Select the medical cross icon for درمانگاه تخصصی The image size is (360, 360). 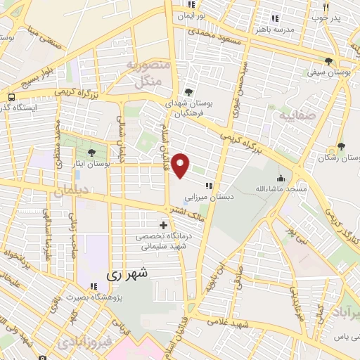pos(164,226)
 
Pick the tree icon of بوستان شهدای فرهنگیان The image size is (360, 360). pos(188,91)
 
